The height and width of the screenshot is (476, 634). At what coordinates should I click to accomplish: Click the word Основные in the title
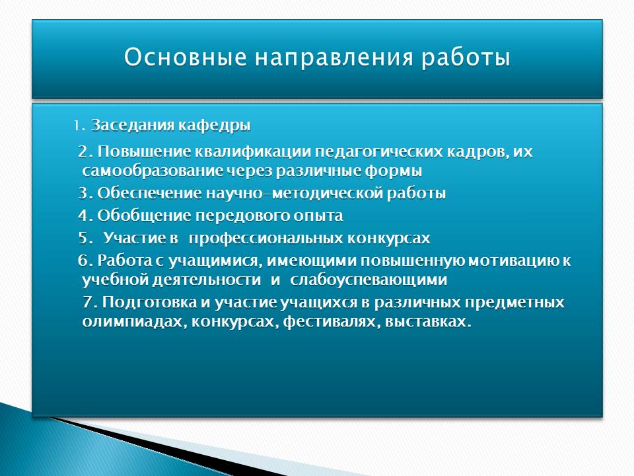pos(185,57)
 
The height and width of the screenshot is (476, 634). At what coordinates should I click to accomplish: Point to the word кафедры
pos(214,126)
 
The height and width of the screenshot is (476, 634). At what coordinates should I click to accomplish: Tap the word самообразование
pos(152,171)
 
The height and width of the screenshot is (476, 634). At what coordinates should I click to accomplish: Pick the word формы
pos(394,171)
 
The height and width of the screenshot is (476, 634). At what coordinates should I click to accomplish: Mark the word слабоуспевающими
pos(369,280)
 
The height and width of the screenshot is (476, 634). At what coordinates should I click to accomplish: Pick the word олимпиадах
pos(134,322)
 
